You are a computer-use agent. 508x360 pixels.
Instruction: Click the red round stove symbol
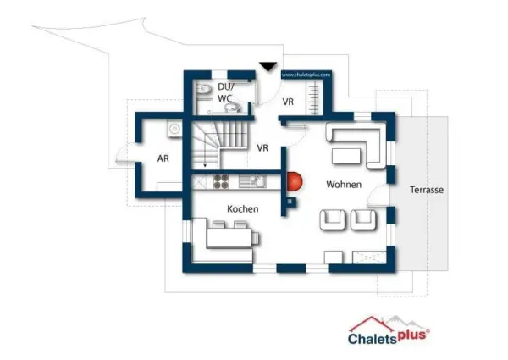coord(294,181)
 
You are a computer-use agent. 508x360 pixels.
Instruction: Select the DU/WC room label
coord(225,92)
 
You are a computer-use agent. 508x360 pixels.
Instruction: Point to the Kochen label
coord(242,208)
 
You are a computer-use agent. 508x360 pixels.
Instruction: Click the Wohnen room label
coord(344,184)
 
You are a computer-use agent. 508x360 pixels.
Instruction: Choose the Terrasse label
coord(426,190)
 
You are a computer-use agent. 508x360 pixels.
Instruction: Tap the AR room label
coord(164,158)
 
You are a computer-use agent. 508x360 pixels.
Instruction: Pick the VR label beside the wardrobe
coord(288,102)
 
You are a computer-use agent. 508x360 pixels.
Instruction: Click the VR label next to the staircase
coord(262,147)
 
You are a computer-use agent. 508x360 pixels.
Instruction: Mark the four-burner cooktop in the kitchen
coord(222,180)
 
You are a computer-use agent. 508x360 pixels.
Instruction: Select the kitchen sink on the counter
coord(251,180)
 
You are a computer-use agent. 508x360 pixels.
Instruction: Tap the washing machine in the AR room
coord(174,129)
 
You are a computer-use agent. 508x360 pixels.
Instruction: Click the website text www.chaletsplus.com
coord(306,75)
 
